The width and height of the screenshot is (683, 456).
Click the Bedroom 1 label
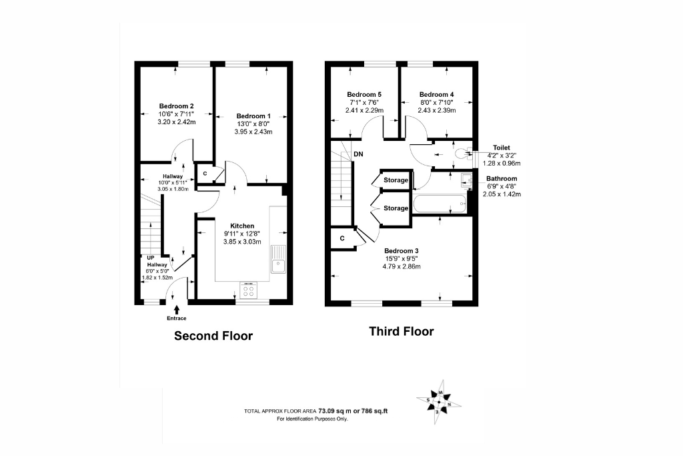(253, 116)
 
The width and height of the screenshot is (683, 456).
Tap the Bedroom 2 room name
(176, 106)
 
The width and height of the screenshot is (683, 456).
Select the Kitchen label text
(242, 226)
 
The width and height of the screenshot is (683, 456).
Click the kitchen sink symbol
(277, 259)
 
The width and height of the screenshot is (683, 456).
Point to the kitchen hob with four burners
(248, 290)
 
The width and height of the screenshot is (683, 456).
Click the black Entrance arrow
(176, 310)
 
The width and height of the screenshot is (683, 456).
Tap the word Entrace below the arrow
(176, 318)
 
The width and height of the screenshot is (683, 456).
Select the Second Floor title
(213, 336)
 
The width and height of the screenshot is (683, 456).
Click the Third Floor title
(402, 331)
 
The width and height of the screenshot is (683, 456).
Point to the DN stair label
(358, 154)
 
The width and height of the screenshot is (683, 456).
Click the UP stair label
(151, 258)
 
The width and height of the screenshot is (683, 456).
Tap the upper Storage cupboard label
(396, 180)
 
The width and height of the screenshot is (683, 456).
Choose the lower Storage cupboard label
(396, 208)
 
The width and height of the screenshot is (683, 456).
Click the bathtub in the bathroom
(440, 204)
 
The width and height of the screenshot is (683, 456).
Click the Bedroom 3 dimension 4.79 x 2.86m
(402, 266)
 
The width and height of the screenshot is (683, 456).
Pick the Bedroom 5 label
(364, 95)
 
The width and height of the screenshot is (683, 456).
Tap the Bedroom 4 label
(436, 95)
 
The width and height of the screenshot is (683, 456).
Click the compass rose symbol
(439, 401)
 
